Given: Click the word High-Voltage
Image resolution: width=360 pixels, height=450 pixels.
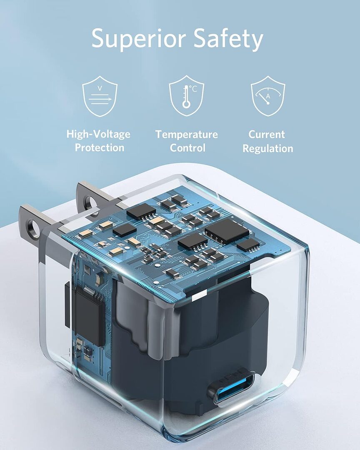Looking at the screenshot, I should [98, 134].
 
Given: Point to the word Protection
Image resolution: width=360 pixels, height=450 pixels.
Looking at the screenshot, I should [100, 147].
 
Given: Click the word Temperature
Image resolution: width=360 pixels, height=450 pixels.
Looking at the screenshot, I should [187, 135].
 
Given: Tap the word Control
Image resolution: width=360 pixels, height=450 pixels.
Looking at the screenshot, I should [187, 148].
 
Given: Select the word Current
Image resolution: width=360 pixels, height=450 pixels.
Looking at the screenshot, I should [267, 135].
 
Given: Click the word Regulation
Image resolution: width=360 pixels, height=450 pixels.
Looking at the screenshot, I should [268, 148].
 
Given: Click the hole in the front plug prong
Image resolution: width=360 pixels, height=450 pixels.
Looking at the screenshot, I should [33, 230].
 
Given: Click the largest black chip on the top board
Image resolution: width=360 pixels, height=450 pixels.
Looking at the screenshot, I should [227, 231].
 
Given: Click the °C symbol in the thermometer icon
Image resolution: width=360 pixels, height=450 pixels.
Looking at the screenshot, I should [193, 88].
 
